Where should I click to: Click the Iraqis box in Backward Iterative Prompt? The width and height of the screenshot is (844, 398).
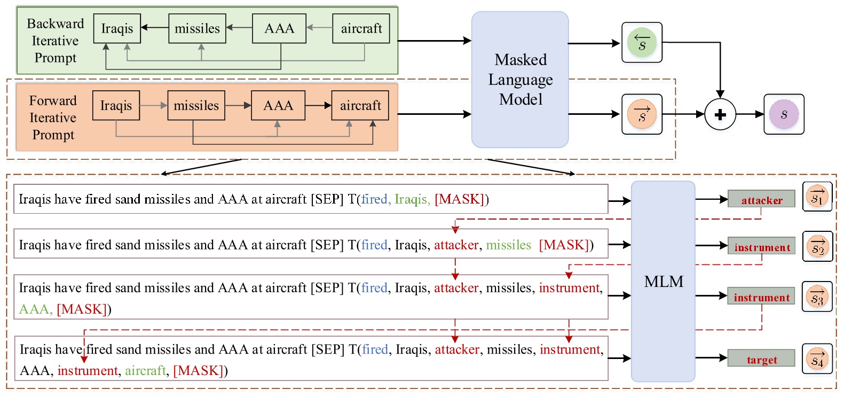pyautogui.click(x=117, y=29)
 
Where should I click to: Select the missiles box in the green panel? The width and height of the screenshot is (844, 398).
pyautogui.click(x=197, y=29)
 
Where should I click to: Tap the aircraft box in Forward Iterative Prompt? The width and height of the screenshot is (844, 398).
pyautogui.click(x=360, y=106)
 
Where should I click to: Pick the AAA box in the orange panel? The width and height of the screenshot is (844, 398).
pyautogui.click(x=278, y=106)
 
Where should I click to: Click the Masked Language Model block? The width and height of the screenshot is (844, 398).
pyautogui.click(x=520, y=80)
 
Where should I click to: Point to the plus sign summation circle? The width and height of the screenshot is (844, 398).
pyautogui.click(x=720, y=114)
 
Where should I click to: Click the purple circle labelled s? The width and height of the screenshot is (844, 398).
pyautogui.click(x=784, y=114)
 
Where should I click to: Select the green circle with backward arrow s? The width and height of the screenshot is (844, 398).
pyautogui.click(x=642, y=43)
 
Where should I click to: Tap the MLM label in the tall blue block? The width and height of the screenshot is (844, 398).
pyautogui.click(x=663, y=282)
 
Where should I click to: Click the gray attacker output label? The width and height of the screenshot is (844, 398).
pyautogui.click(x=761, y=200)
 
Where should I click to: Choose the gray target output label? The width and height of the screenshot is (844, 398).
pyautogui.click(x=761, y=360)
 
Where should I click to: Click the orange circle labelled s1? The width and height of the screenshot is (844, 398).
pyautogui.click(x=817, y=197)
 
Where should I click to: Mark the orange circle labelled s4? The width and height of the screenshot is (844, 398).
pyautogui.click(x=817, y=359)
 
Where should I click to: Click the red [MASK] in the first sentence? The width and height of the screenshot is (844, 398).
pyautogui.click(x=459, y=199)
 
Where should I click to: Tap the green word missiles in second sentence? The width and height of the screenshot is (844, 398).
pyautogui.click(x=508, y=245)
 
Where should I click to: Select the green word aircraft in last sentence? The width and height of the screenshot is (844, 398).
pyautogui.click(x=145, y=371)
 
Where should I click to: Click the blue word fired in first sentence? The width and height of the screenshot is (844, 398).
pyautogui.click(x=374, y=199)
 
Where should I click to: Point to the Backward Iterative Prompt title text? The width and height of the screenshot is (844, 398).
pyautogui.click(x=56, y=41)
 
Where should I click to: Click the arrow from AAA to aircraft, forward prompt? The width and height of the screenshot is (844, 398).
pyautogui.click(x=318, y=106)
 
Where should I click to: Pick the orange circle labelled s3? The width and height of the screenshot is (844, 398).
pyautogui.click(x=817, y=296)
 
